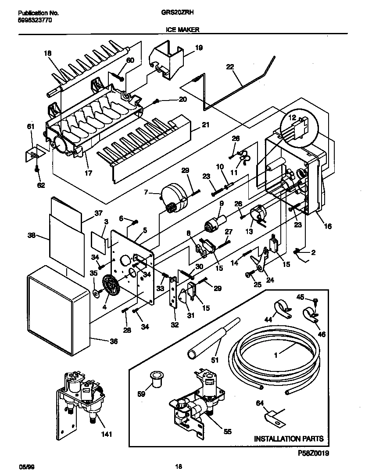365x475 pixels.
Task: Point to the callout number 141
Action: [106, 435]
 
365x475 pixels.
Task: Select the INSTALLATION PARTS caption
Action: [289, 439]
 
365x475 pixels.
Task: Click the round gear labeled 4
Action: [111, 287]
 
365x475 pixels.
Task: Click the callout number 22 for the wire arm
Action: [230, 67]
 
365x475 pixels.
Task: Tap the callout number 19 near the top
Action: [198, 48]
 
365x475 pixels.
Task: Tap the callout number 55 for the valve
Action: [227, 432]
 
